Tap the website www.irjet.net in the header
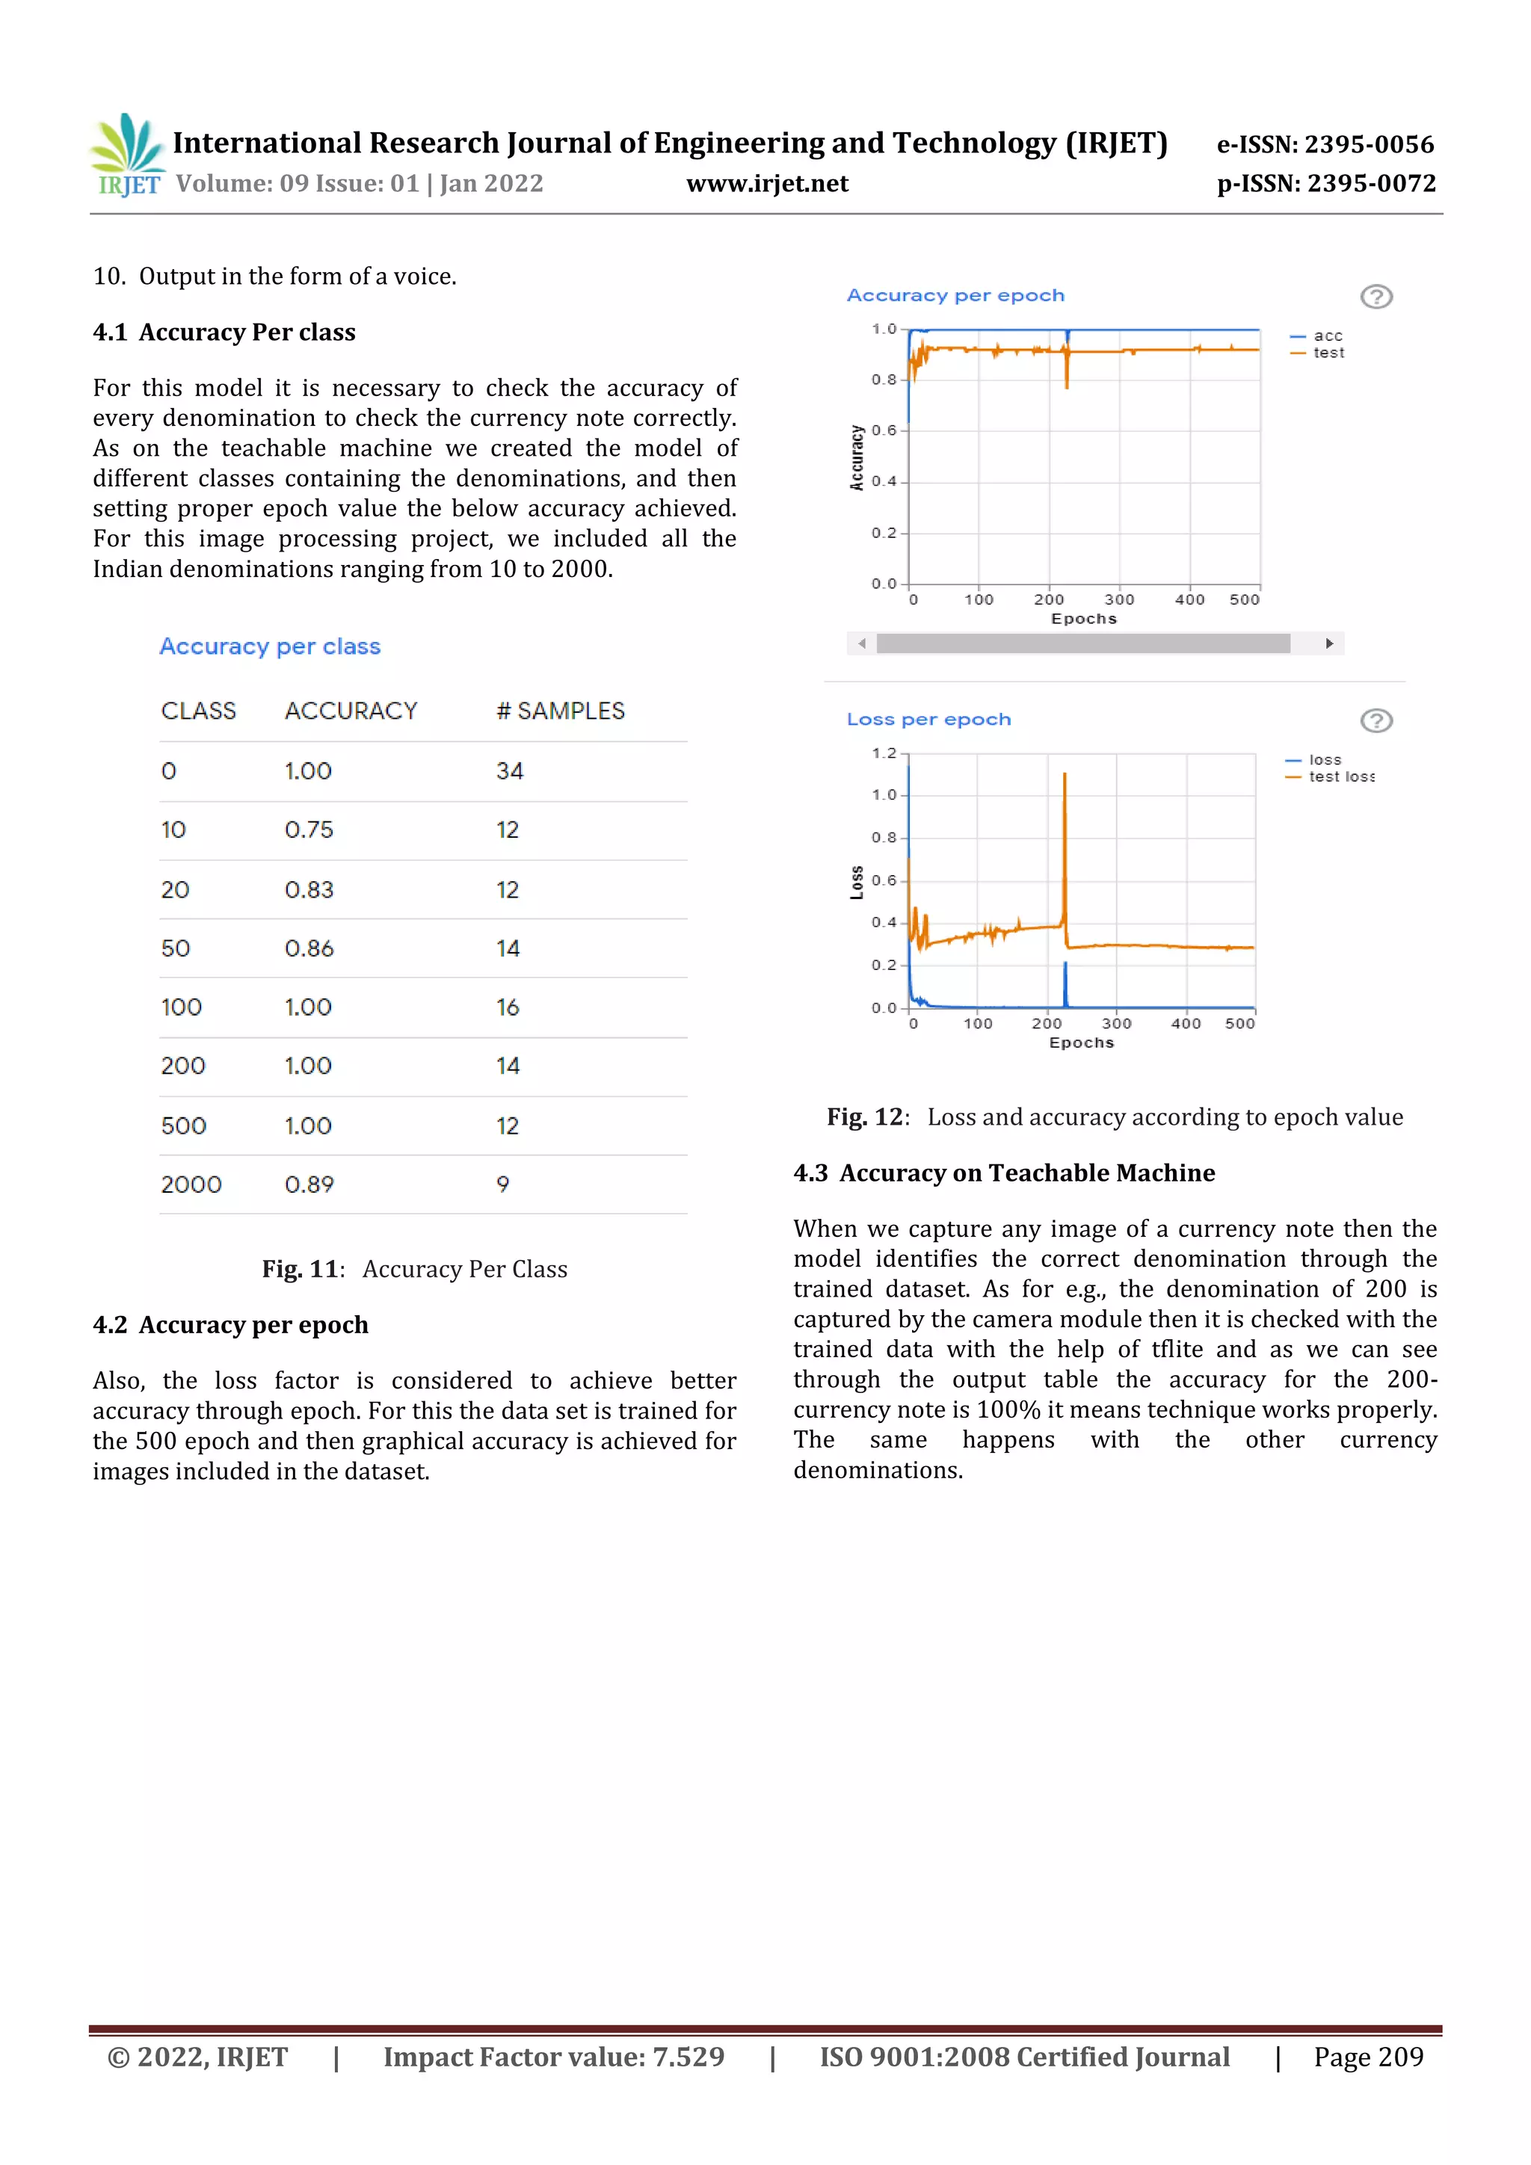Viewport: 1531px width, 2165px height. click(x=767, y=183)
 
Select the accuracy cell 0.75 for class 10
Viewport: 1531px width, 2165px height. click(x=309, y=830)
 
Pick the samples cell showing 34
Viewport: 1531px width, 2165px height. click(x=509, y=771)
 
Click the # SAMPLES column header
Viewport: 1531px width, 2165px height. click(x=561, y=711)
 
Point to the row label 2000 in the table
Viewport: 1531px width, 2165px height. click(x=191, y=1185)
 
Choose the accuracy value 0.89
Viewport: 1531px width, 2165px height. click(x=309, y=1185)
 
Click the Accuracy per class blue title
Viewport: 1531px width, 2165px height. click(x=270, y=647)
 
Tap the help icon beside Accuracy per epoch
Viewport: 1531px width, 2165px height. click(x=1376, y=297)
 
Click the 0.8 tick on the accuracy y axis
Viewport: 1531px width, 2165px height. click(x=883, y=380)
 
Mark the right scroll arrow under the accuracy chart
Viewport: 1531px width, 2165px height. click(x=1329, y=643)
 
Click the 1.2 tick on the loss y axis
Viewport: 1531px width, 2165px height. click(x=883, y=753)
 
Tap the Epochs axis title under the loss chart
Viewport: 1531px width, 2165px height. click(x=1081, y=1043)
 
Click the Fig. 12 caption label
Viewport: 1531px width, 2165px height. click(x=865, y=1117)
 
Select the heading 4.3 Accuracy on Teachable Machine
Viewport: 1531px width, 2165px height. click(x=1004, y=1173)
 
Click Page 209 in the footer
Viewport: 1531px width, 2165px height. click(x=1368, y=2057)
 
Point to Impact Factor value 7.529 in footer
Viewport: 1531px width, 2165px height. click(x=554, y=2057)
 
